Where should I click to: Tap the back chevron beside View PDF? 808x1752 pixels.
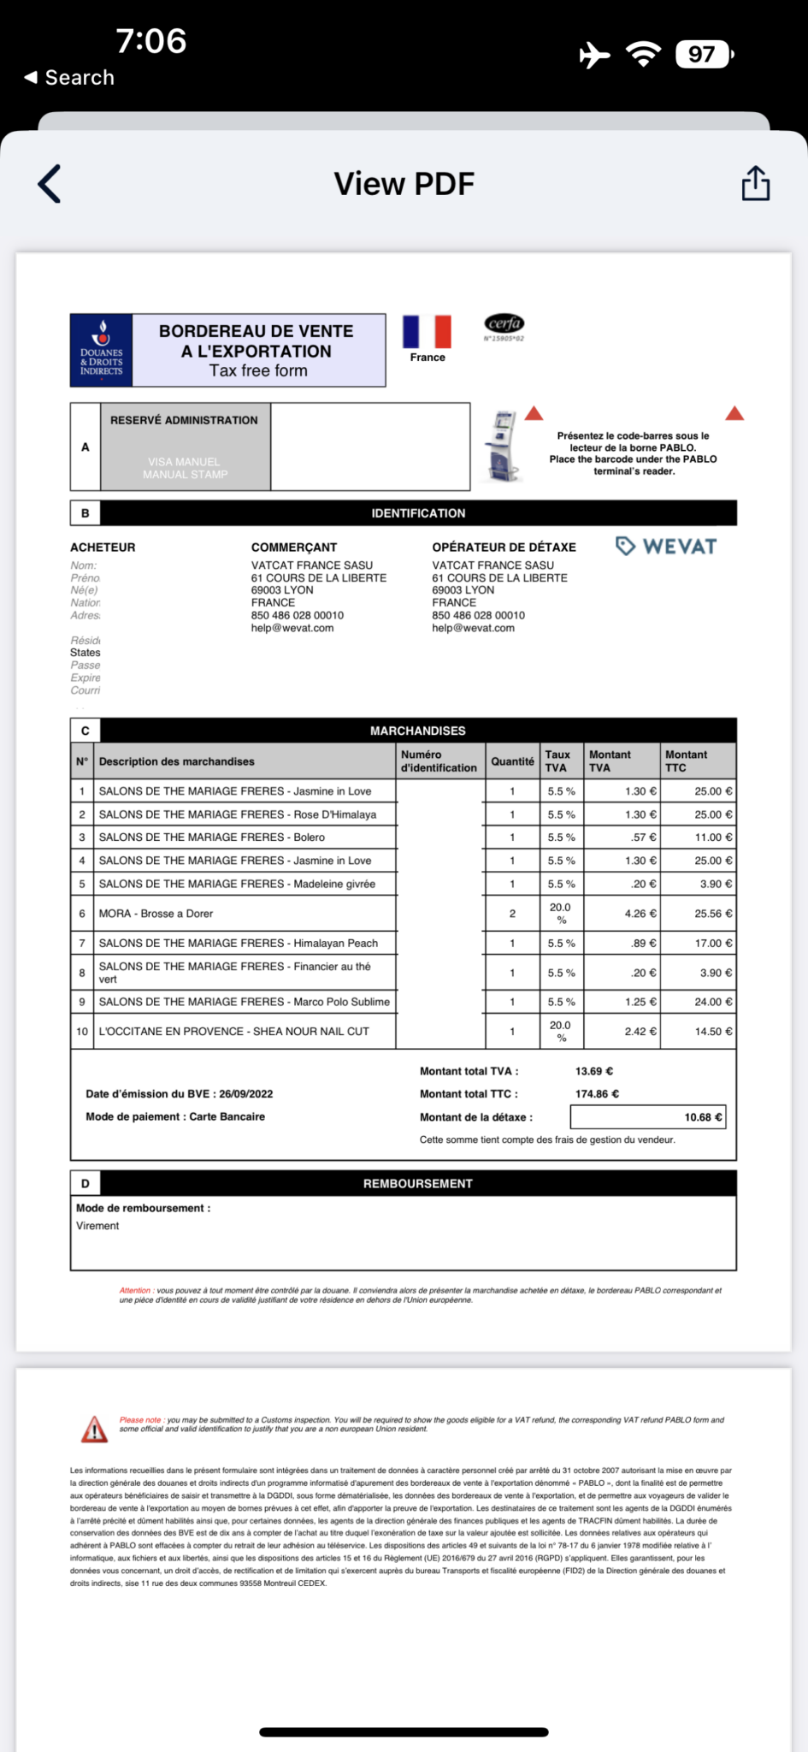50,184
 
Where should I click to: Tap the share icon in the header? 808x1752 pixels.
755,183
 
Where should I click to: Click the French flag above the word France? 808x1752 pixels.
427,331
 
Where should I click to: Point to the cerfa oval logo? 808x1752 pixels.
504,323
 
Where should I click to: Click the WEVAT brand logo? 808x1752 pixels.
667,547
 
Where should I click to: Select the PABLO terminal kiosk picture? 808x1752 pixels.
502,447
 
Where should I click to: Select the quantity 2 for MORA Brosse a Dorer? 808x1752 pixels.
512,914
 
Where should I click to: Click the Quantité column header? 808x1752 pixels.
512,761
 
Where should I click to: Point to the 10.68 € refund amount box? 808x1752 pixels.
648,1117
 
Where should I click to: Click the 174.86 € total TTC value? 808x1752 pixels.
597,1094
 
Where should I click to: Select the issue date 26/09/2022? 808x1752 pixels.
246,1094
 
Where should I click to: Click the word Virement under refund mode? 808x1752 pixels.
98,1226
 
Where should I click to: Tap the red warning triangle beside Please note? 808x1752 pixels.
94,1428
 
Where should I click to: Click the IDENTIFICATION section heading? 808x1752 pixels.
418,513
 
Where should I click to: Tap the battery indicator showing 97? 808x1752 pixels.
703,55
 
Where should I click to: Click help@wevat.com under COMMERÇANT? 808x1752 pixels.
292,628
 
